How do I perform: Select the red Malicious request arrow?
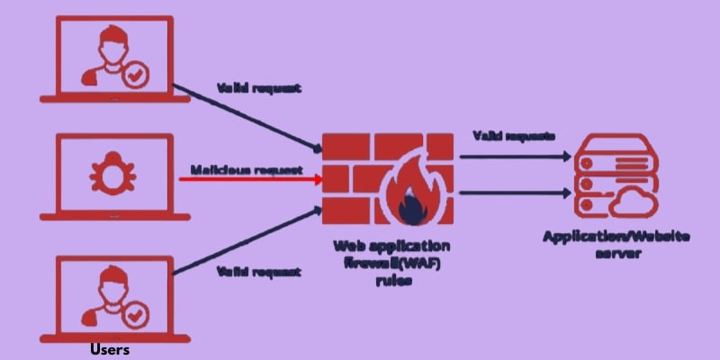[x=252, y=178]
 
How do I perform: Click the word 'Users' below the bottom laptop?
[x=111, y=349]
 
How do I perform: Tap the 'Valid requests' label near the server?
[x=513, y=136]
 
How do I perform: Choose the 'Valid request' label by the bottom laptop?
[x=259, y=271]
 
